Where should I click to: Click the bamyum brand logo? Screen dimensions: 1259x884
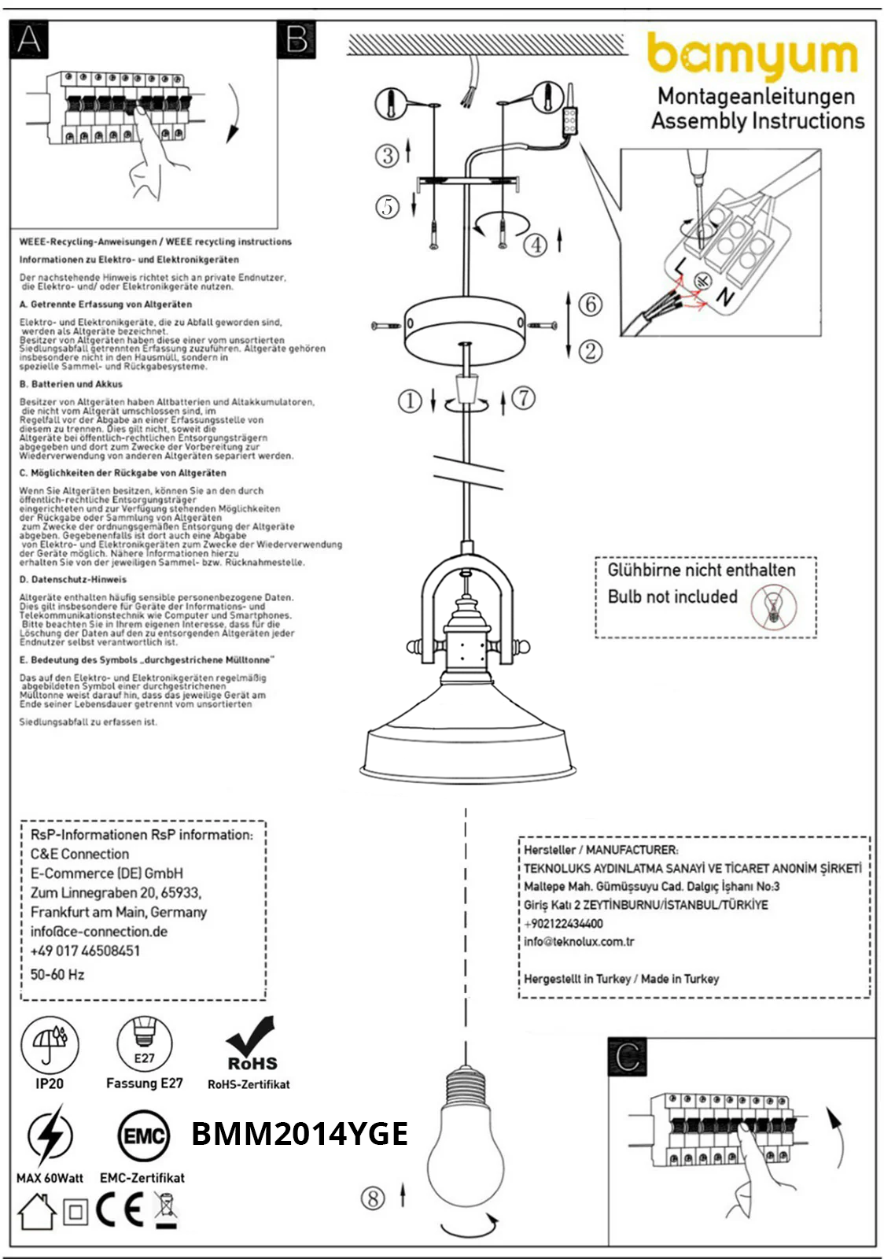tap(753, 55)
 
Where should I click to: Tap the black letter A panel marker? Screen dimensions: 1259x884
tap(29, 39)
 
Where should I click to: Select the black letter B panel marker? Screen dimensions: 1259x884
tap(297, 39)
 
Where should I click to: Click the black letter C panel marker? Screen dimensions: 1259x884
tap(628, 1057)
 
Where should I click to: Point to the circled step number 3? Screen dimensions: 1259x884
tap(386, 156)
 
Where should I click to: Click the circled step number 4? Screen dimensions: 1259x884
tap(536, 245)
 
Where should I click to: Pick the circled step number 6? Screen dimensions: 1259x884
tap(591, 304)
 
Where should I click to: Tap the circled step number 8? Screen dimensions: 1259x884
tap(373, 1198)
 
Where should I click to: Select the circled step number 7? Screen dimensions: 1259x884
tap(524, 398)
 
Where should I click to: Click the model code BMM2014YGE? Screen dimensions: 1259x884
tap(300, 1134)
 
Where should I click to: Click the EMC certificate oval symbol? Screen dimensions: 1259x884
tap(144, 1136)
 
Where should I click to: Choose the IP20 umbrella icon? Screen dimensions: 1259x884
tap(50, 1044)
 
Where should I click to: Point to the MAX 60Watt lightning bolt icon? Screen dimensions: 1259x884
tap(50, 1135)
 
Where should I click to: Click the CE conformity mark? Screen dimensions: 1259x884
tap(120, 1211)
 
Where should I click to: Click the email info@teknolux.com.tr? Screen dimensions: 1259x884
tap(579, 942)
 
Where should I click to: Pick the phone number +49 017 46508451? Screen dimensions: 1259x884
tap(85, 951)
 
